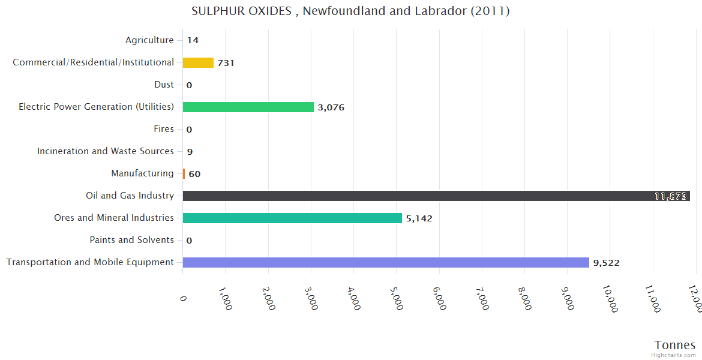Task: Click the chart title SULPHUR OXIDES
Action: [x=350, y=11]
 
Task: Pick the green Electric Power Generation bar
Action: [x=248, y=107]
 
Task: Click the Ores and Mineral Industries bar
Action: [x=292, y=218]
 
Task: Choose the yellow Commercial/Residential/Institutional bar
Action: [x=198, y=62]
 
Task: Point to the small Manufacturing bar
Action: [x=184, y=173]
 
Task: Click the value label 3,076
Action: [x=331, y=107]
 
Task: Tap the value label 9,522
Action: [x=606, y=263]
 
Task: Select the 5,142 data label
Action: [x=419, y=218]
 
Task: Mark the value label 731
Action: [x=226, y=63]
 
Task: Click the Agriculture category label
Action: [x=149, y=40]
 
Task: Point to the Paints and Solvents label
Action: [x=132, y=240]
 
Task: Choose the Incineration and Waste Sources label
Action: [x=106, y=151]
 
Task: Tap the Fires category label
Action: [x=164, y=129]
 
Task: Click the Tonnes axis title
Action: [x=675, y=345]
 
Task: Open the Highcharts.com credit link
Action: [x=674, y=355]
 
